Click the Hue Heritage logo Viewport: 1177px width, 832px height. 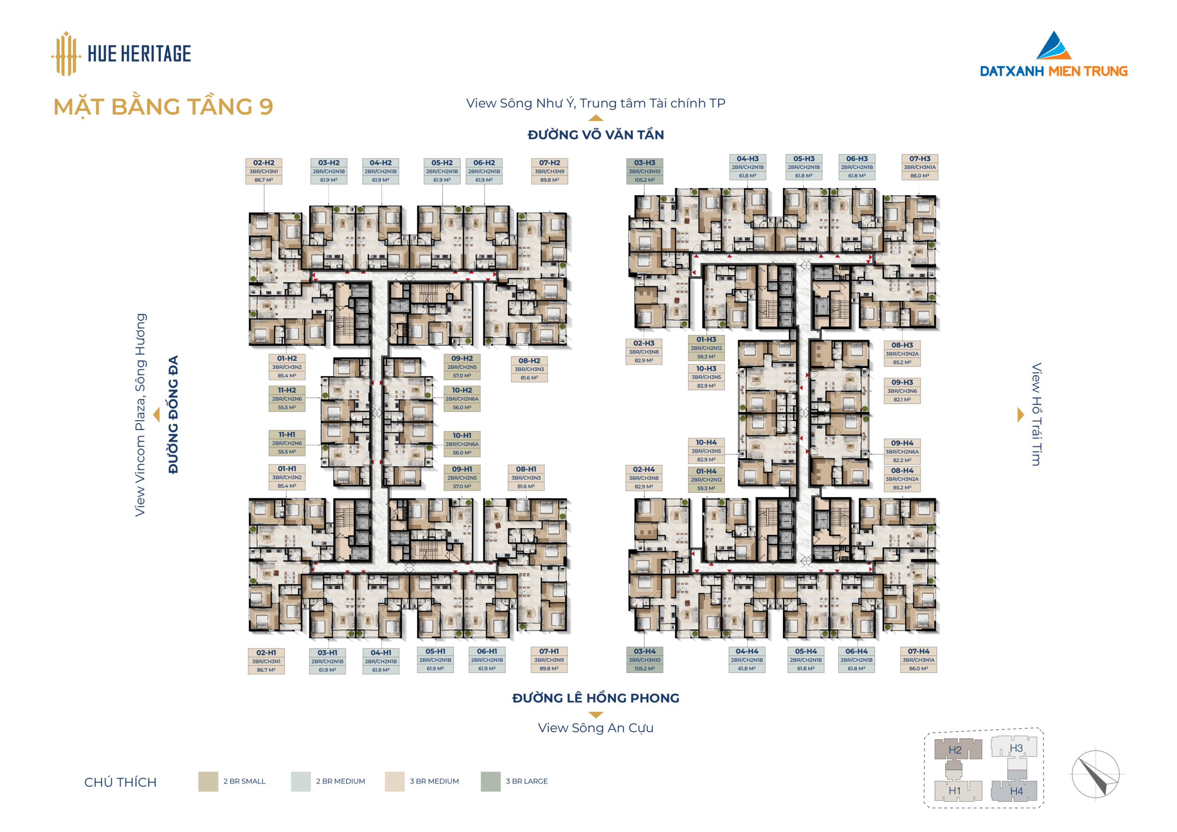[121, 53]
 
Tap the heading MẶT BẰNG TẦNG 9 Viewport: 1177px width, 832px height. [163, 107]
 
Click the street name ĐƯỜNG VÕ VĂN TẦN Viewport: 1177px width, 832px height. [596, 135]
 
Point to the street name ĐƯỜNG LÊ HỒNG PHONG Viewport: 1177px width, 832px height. [596, 698]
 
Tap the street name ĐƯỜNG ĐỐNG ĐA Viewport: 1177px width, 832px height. [173, 414]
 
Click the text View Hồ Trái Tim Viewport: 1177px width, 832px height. [1036, 414]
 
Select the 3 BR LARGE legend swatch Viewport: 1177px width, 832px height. [491, 781]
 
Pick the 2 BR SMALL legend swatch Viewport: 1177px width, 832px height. [208, 781]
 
